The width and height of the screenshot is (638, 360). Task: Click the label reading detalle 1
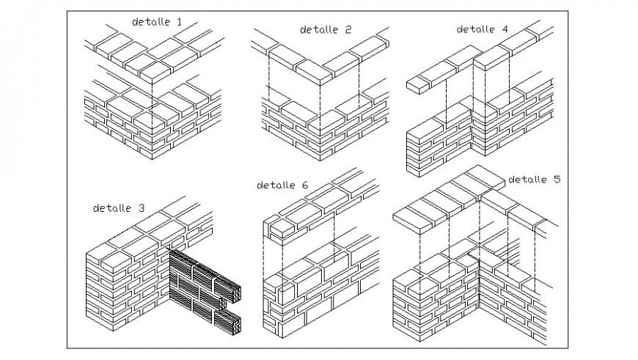156,22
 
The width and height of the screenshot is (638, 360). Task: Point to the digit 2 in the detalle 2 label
348,29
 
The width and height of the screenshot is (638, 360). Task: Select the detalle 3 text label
118,207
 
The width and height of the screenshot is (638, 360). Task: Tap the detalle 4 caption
482,29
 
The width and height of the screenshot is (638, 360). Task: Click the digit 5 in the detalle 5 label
557,179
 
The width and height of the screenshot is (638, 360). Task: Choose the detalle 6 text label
282,185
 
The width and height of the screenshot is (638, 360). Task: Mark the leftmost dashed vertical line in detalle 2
268,81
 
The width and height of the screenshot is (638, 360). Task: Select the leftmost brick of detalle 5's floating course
410,213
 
